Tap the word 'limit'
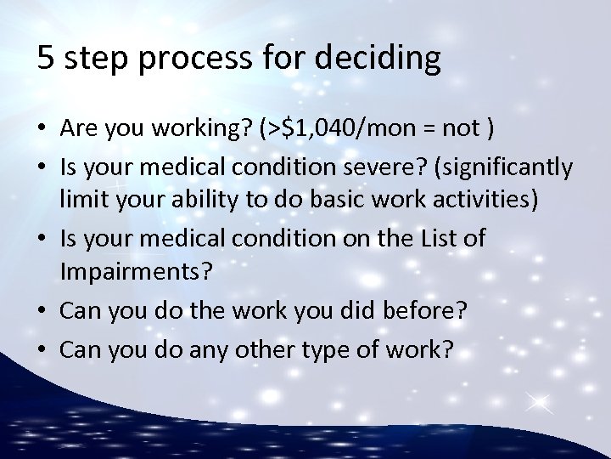tap(80, 201)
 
